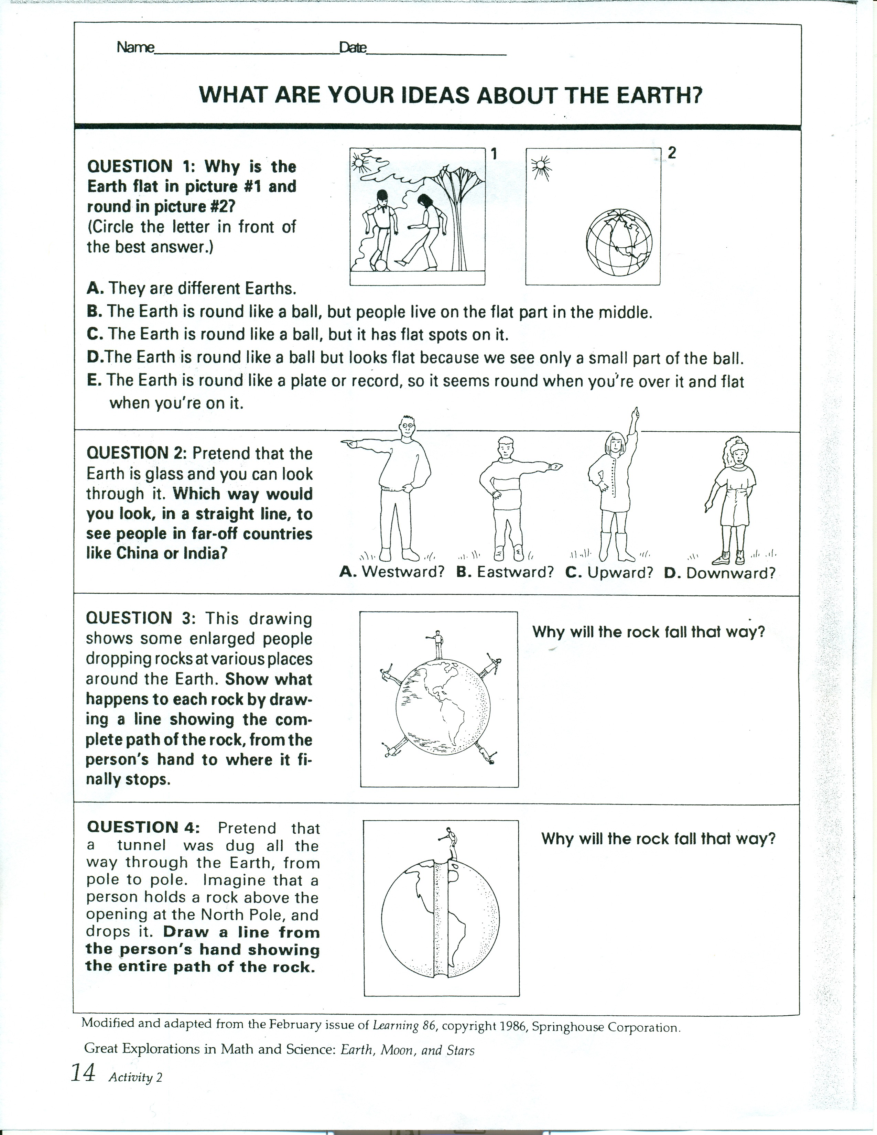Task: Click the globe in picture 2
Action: coord(619,243)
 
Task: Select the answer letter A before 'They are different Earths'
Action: coord(93,289)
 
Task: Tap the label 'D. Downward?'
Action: coord(719,573)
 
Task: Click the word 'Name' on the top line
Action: coord(136,48)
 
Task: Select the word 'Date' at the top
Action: coord(353,48)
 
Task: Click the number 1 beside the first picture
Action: coord(494,153)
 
